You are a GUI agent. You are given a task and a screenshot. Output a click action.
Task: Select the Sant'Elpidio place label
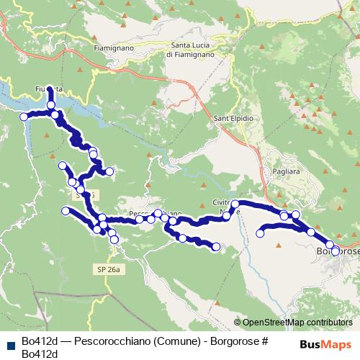[232, 117]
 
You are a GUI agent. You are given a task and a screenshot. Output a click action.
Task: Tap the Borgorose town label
[336, 252]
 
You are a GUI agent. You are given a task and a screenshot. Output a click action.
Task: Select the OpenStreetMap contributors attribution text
[297, 323]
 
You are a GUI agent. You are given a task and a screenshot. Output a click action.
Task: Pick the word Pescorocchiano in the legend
[107, 341]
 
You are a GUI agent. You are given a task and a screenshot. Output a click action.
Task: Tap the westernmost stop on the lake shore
[24, 117]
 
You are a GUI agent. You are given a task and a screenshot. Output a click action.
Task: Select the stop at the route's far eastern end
[335, 251]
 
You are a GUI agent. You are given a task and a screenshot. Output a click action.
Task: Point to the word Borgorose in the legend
[232, 341]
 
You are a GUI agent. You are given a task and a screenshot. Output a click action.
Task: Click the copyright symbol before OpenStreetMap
[238, 323]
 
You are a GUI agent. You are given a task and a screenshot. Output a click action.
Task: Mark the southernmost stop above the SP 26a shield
[114, 239]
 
